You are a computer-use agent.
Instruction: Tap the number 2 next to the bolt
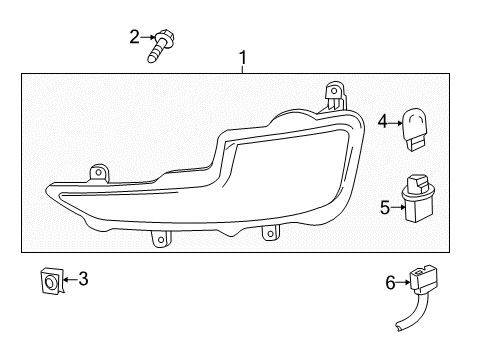click(133, 38)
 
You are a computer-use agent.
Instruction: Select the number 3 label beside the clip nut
click(83, 279)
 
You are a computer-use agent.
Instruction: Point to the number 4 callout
click(381, 122)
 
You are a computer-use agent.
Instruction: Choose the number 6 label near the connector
click(390, 284)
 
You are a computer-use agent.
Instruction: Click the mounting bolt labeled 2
click(162, 46)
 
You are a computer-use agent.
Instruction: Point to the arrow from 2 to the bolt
click(146, 39)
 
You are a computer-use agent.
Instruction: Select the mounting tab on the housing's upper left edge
click(98, 173)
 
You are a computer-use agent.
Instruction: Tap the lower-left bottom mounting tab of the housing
click(158, 239)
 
